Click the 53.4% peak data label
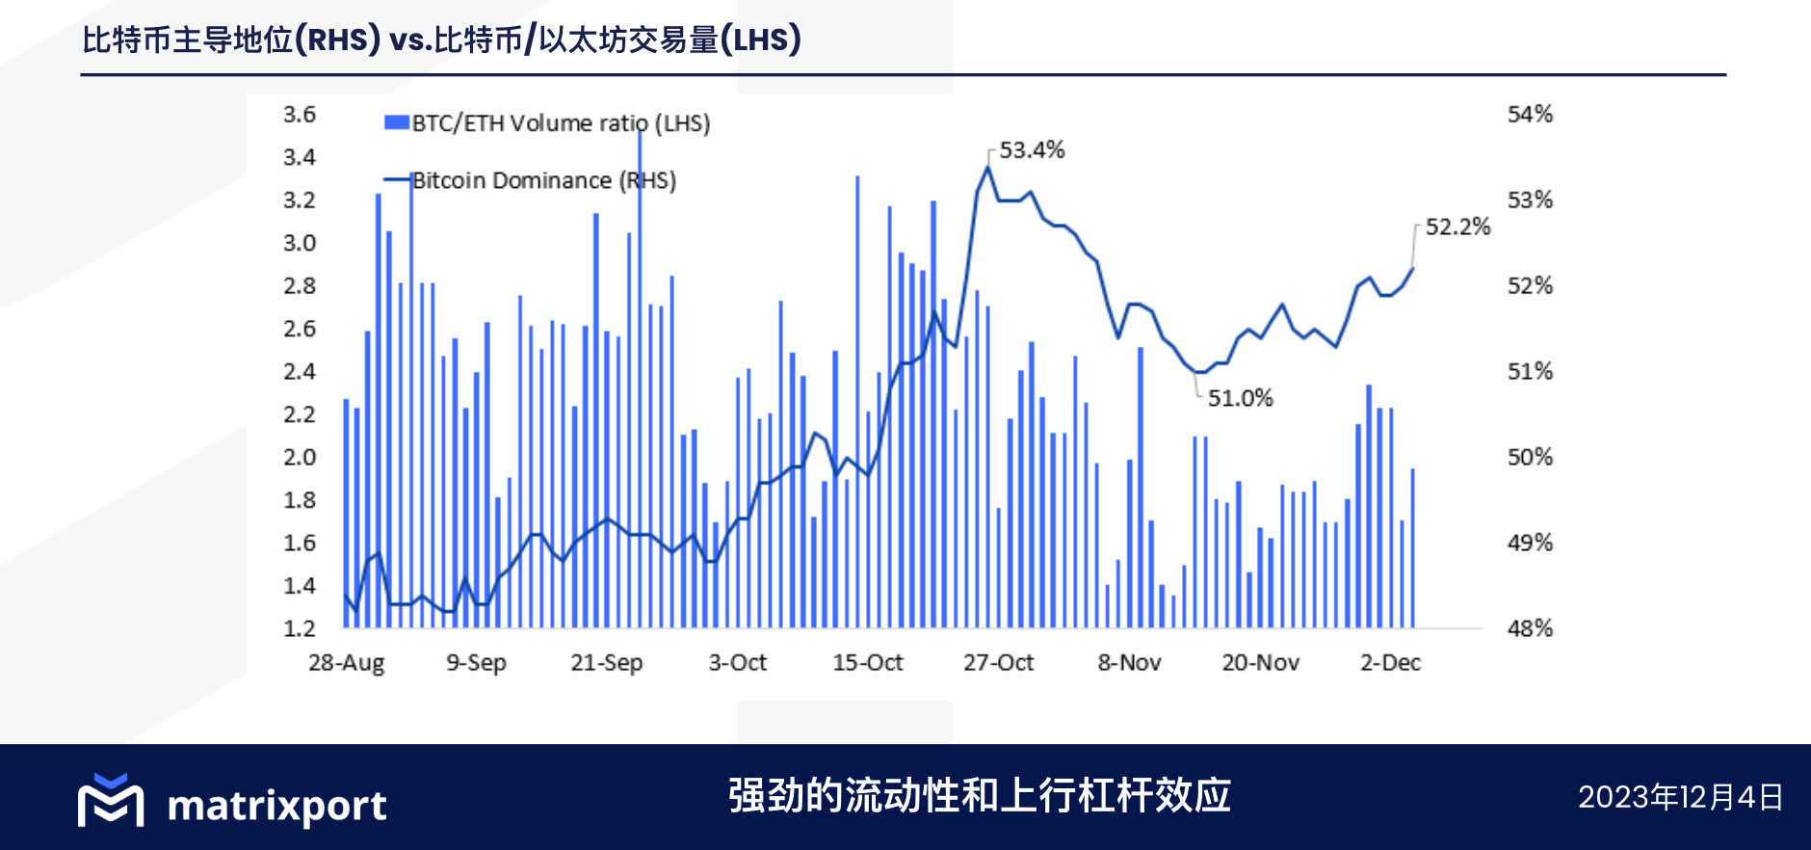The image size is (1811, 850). [1032, 150]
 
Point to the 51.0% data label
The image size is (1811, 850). [1240, 398]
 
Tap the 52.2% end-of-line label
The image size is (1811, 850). [1457, 226]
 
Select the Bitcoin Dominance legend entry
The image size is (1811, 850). [543, 180]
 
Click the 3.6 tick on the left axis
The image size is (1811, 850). [299, 115]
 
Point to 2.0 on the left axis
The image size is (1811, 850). [299, 457]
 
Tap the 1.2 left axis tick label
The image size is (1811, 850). [299, 628]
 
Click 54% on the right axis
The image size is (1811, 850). [1530, 115]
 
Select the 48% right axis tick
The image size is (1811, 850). [1530, 628]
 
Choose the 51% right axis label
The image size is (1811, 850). [1530, 371]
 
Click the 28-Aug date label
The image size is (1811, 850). [346, 663]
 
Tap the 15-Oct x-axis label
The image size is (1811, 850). [867, 663]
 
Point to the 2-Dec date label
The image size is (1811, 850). [1390, 663]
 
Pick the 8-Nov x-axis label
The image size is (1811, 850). [1129, 663]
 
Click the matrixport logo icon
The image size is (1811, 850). [111, 800]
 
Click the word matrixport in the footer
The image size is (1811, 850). [276, 806]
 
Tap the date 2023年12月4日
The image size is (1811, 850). [1680, 797]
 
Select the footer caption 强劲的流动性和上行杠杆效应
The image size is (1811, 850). [979, 796]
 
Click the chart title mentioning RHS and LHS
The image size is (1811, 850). [441, 40]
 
